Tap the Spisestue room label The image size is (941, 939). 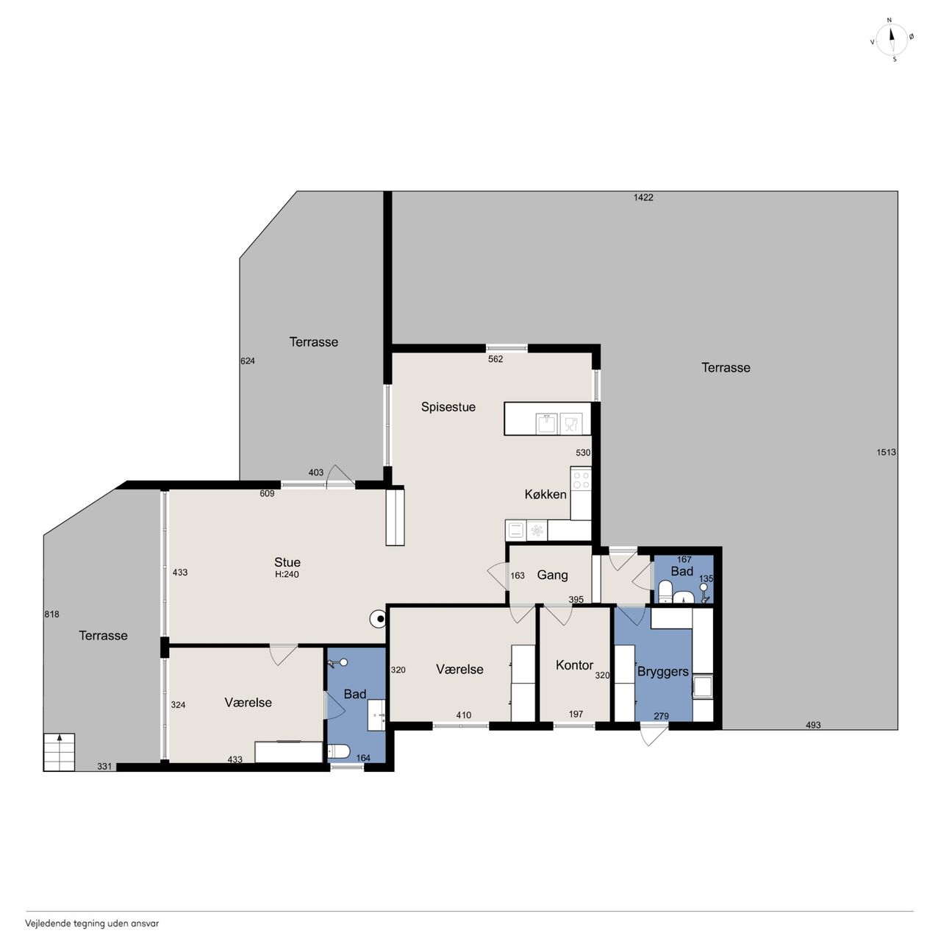pyautogui.click(x=448, y=407)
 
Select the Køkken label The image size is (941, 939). pyautogui.click(x=545, y=495)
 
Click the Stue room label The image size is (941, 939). pyautogui.click(x=287, y=562)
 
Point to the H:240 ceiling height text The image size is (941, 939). pyautogui.click(x=287, y=575)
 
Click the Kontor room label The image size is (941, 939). pyautogui.click(x=573, y=665)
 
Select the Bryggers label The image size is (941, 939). pyautogui.click(x=662, y=672)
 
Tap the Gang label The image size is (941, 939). pyautogui.click(x=552, y=575)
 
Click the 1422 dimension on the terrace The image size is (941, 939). pyautogui.click(x=643, y=197)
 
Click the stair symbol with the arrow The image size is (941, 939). pyautogui.click(x=59, y=752)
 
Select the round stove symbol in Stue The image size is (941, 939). pyautogui.click(x=379, y=620)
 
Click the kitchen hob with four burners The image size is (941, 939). pyautogui.click(x=581, y=478)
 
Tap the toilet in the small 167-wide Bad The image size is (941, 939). pyautogui.click(x=665, y=592)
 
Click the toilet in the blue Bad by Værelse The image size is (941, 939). pyautogui.click(x=338, y=751)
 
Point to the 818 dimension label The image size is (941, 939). pyautogui.click(x=51, y=614)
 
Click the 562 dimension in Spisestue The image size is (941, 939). pyautogui.click(x=495, y=359)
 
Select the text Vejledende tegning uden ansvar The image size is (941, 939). pyautogui.click(x=92, y=924)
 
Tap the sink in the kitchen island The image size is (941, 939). pyautogui.click(x=546, y=423)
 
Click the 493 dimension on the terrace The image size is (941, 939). pyautogui.click(x=812, y=726)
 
